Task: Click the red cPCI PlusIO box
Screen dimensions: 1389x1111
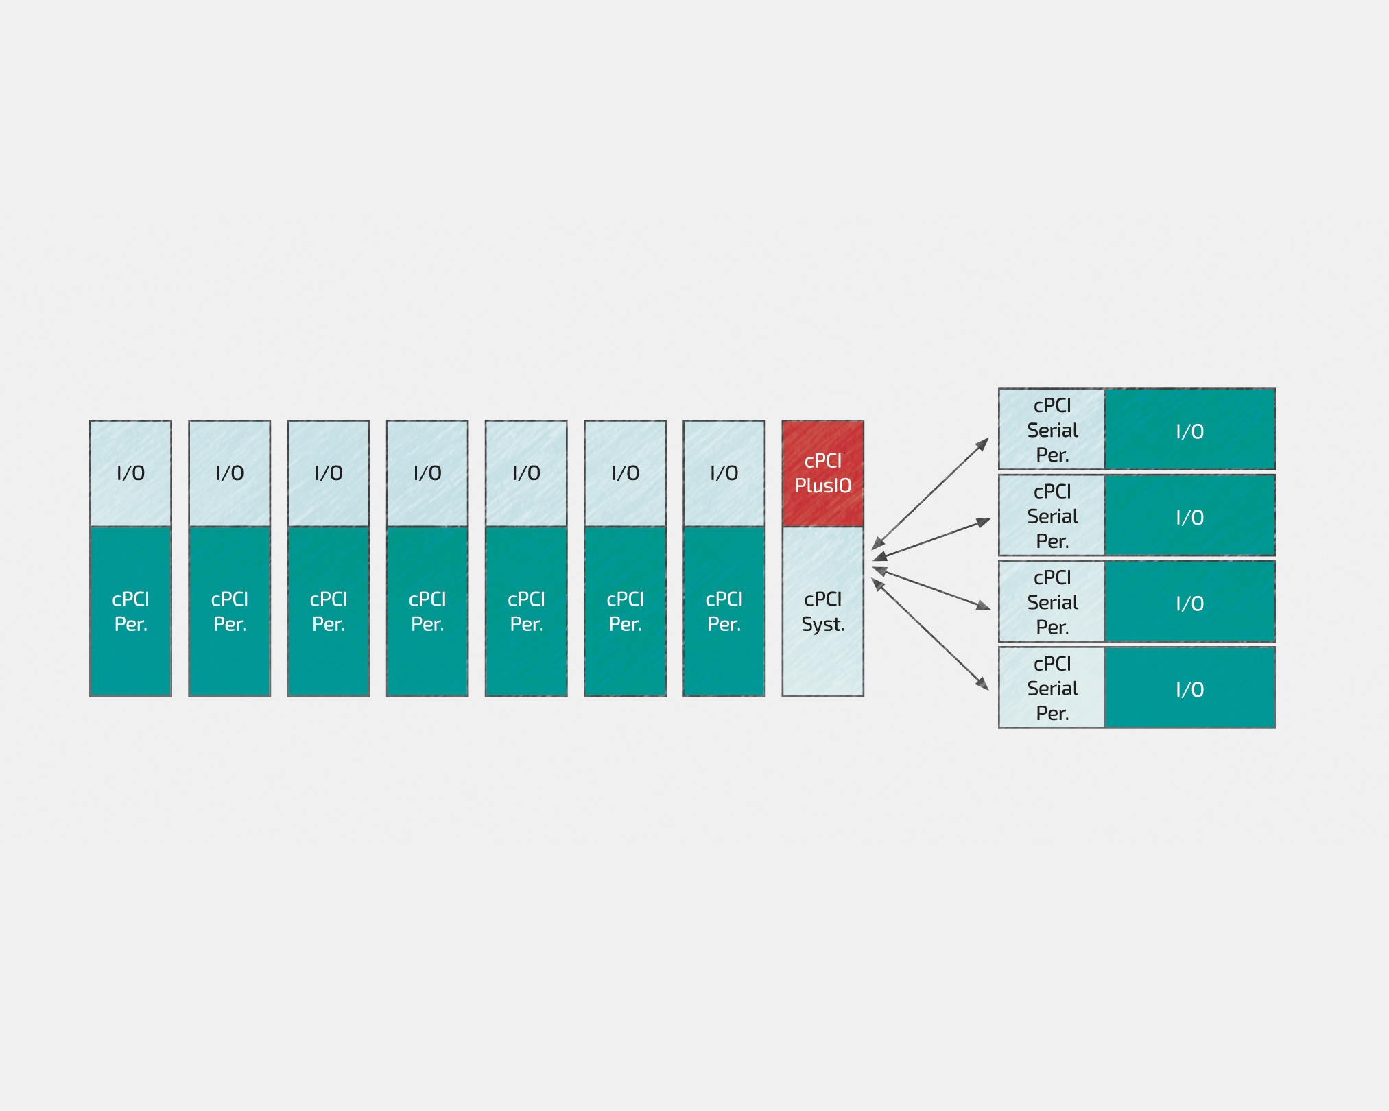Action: point(822,473)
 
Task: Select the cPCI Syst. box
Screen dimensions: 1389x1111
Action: point(822,611)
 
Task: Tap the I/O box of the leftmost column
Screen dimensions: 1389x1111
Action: point(130,473)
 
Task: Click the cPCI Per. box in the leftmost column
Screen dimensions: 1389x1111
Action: point(130,611)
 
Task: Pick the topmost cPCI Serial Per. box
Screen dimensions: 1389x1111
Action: point(1052,429)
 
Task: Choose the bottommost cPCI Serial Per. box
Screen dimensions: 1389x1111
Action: point(1052,687)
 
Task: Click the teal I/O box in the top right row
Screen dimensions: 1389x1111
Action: point(1190,429)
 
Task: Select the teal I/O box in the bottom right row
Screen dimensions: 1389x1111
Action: point(1190,687)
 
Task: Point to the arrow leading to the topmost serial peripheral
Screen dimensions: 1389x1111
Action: point(930,494)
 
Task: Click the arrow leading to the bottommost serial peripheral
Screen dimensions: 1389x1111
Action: point(930,634)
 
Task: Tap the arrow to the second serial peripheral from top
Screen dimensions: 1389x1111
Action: point(931,539)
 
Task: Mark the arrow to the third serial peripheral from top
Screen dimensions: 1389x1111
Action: point(931,588)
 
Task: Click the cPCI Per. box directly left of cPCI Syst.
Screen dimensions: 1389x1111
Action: point(724,611)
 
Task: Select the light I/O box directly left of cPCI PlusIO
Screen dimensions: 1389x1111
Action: point(724,473)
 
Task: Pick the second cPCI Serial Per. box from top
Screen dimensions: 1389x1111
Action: point(1052,516)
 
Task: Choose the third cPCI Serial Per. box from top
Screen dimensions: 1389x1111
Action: point(1052,601)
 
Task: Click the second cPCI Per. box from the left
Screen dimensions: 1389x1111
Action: point(229,611)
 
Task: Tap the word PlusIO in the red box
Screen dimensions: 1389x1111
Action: point(823,486)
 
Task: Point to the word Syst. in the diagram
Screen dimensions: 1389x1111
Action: point(823,624)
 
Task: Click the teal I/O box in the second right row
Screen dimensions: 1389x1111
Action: point(1190,516)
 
